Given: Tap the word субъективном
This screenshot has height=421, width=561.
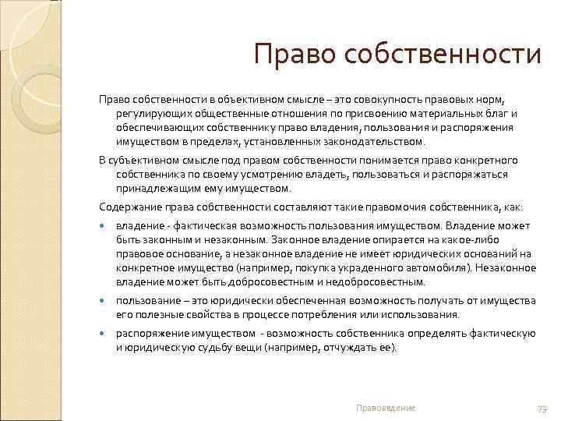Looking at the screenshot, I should pyautogui.click(x=146, y=161).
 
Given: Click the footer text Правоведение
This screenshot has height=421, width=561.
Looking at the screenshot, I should pyautogui.click(x=386, y=408).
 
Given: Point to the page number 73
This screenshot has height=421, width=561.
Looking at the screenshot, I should pyautogui.click(x=542, y=409).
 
